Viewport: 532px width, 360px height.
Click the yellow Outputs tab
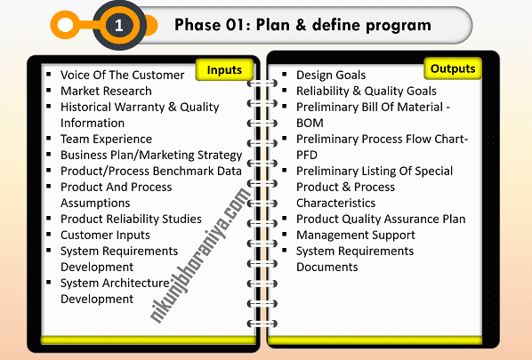click(x=452, y=68)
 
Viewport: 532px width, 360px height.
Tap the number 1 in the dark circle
click(x=117, y=27)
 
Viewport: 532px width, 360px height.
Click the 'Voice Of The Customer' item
click(x=123, y=75)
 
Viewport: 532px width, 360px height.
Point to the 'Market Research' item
click(x=106, y=91)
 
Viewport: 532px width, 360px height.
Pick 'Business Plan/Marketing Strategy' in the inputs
click(x=151, y=155)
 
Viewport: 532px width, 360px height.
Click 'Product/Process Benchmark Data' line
click(x=150, y=171)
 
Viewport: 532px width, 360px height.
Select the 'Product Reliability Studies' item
click(x=130, y=219)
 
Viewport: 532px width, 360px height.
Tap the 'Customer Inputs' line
click(x=105, y=235)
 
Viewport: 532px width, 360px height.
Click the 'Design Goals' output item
click(x=331, y=75)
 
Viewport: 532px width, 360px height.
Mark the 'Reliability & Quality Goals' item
click(x=367, y=91)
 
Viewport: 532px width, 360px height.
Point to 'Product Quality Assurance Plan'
click(x=381, y=219)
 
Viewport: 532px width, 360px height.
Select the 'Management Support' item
click(x=356, y=235)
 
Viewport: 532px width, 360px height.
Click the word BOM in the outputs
click(x=310, y=123)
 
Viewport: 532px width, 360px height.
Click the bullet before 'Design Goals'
click(x=283, y=74)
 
